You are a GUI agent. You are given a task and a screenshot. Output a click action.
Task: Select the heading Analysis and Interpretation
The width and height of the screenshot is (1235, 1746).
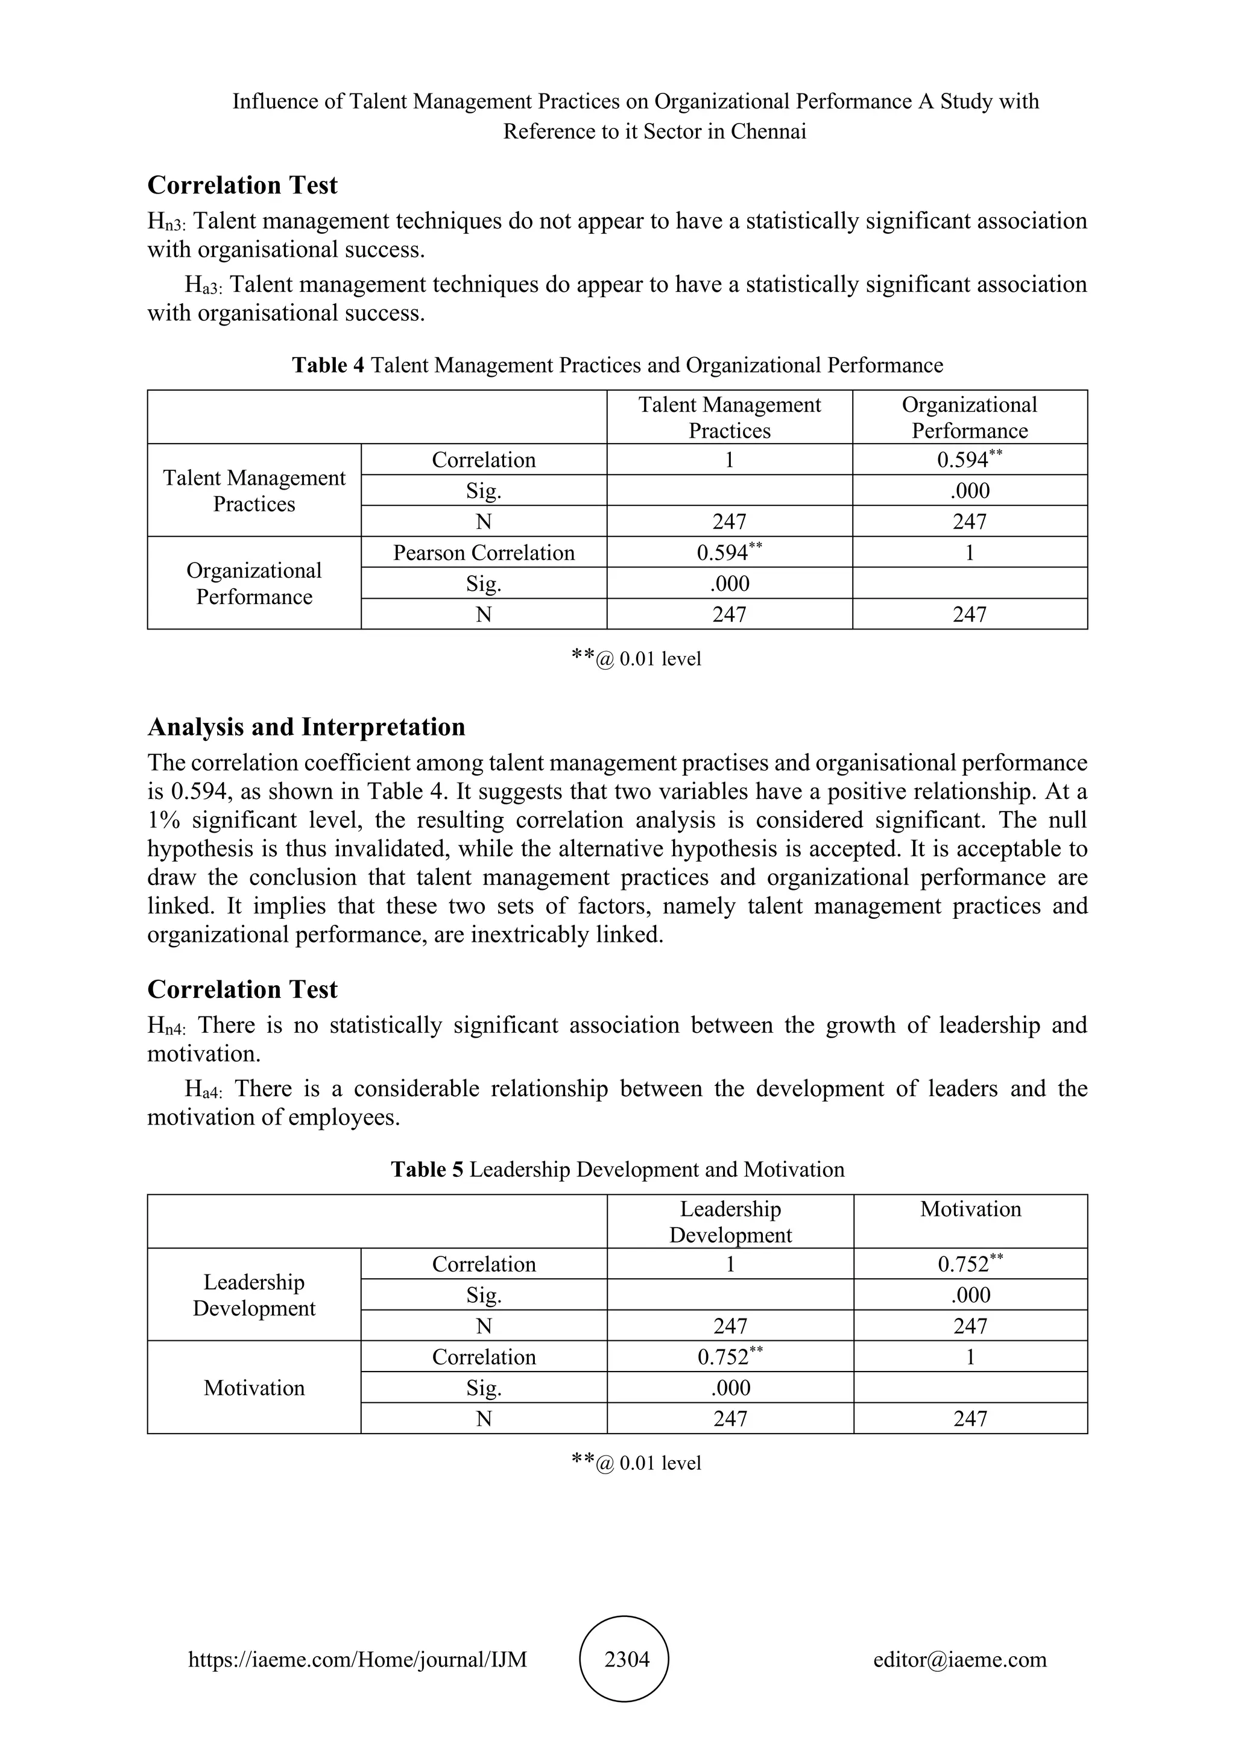[x=306, y=727]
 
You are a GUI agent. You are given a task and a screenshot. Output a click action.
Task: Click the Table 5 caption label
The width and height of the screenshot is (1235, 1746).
[x=426, y=1169]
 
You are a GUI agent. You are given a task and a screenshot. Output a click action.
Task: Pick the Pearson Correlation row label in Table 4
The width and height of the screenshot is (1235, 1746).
[x=484, y=553]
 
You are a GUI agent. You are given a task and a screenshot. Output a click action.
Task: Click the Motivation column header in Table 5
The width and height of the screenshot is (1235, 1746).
[x=970, y=1209]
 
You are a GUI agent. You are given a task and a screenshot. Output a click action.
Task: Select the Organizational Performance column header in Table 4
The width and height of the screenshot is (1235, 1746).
[x=970, y=417]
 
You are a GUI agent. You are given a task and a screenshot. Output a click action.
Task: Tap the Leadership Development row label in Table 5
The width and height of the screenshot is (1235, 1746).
[x=254, y=1295]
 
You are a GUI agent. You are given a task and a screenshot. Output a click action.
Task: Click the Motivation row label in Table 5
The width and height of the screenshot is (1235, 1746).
[x=254, y=1388]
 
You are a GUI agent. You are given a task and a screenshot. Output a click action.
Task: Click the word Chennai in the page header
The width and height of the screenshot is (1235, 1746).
[x=768, y=131]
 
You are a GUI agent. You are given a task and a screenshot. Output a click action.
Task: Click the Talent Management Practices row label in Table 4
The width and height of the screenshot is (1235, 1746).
[x=254, y=491]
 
